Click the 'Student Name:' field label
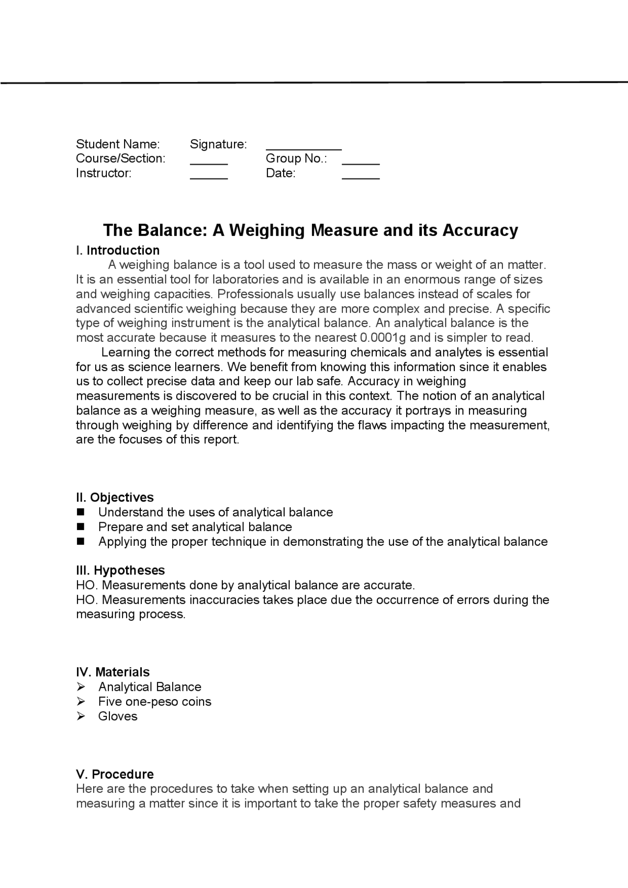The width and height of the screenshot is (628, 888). tap(118, 144)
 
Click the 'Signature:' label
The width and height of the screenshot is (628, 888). tap(218, 144)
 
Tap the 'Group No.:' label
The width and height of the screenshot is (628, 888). tap(296, 158)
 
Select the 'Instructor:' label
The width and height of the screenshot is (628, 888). tap(104, 173)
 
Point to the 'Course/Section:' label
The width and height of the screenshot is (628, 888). tap(121, 158)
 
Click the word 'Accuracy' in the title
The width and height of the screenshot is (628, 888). tap(480, 230)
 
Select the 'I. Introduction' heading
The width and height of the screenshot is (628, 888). tap(118, 251)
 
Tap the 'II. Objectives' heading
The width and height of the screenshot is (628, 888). tap(115, 498)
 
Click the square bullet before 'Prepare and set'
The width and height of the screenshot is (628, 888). tap(81, 527)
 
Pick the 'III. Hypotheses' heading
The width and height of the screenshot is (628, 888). tap(120, 570)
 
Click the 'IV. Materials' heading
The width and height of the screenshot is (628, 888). tap(113, 672)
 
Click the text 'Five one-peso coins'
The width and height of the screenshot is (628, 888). tap(155, 702)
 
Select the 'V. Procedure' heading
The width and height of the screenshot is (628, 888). tap(115, 774)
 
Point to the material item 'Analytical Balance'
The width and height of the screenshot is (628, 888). tap(150, 687)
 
